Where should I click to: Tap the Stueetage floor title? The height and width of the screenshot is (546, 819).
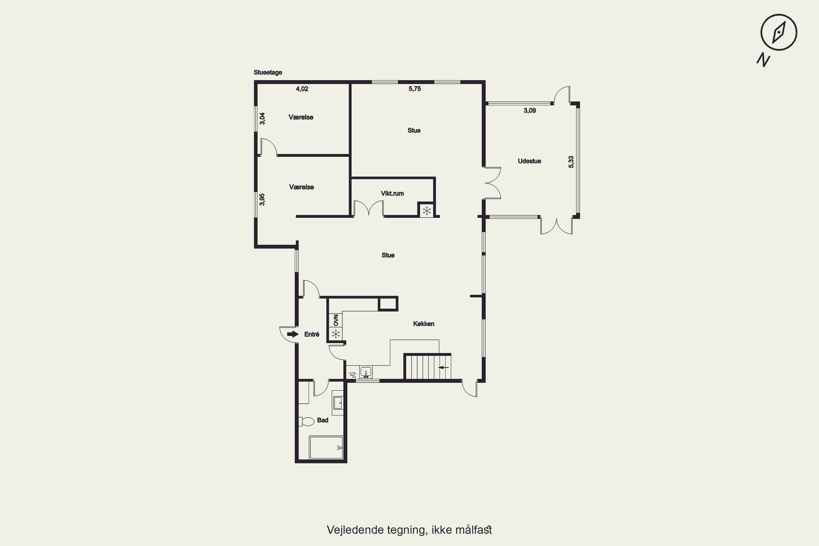tap(268, 72)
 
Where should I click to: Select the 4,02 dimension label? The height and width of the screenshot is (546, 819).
tap(302, 89)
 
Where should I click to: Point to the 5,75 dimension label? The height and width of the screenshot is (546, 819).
tap(415, 89)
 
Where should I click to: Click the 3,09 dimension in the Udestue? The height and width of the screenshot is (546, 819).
tap(530, 111)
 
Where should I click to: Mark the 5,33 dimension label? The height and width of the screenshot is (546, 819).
tap(571, 162)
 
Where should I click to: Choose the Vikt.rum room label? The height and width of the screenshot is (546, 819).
tap(392, 193)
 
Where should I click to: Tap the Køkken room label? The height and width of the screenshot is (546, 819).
tap(423, 324)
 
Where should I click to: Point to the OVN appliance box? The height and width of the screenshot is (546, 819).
tap(336, 320)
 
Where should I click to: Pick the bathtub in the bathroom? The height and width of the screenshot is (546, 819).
tap(326, 447)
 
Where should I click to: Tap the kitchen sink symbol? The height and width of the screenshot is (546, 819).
tap(366, 372)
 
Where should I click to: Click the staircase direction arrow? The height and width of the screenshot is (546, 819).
tap(443, 367)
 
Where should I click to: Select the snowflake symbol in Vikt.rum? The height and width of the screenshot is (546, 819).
tap(426, 210)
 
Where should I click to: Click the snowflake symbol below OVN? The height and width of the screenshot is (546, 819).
tap(336, 334)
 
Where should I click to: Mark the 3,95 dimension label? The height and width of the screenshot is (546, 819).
tap(262, 200)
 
